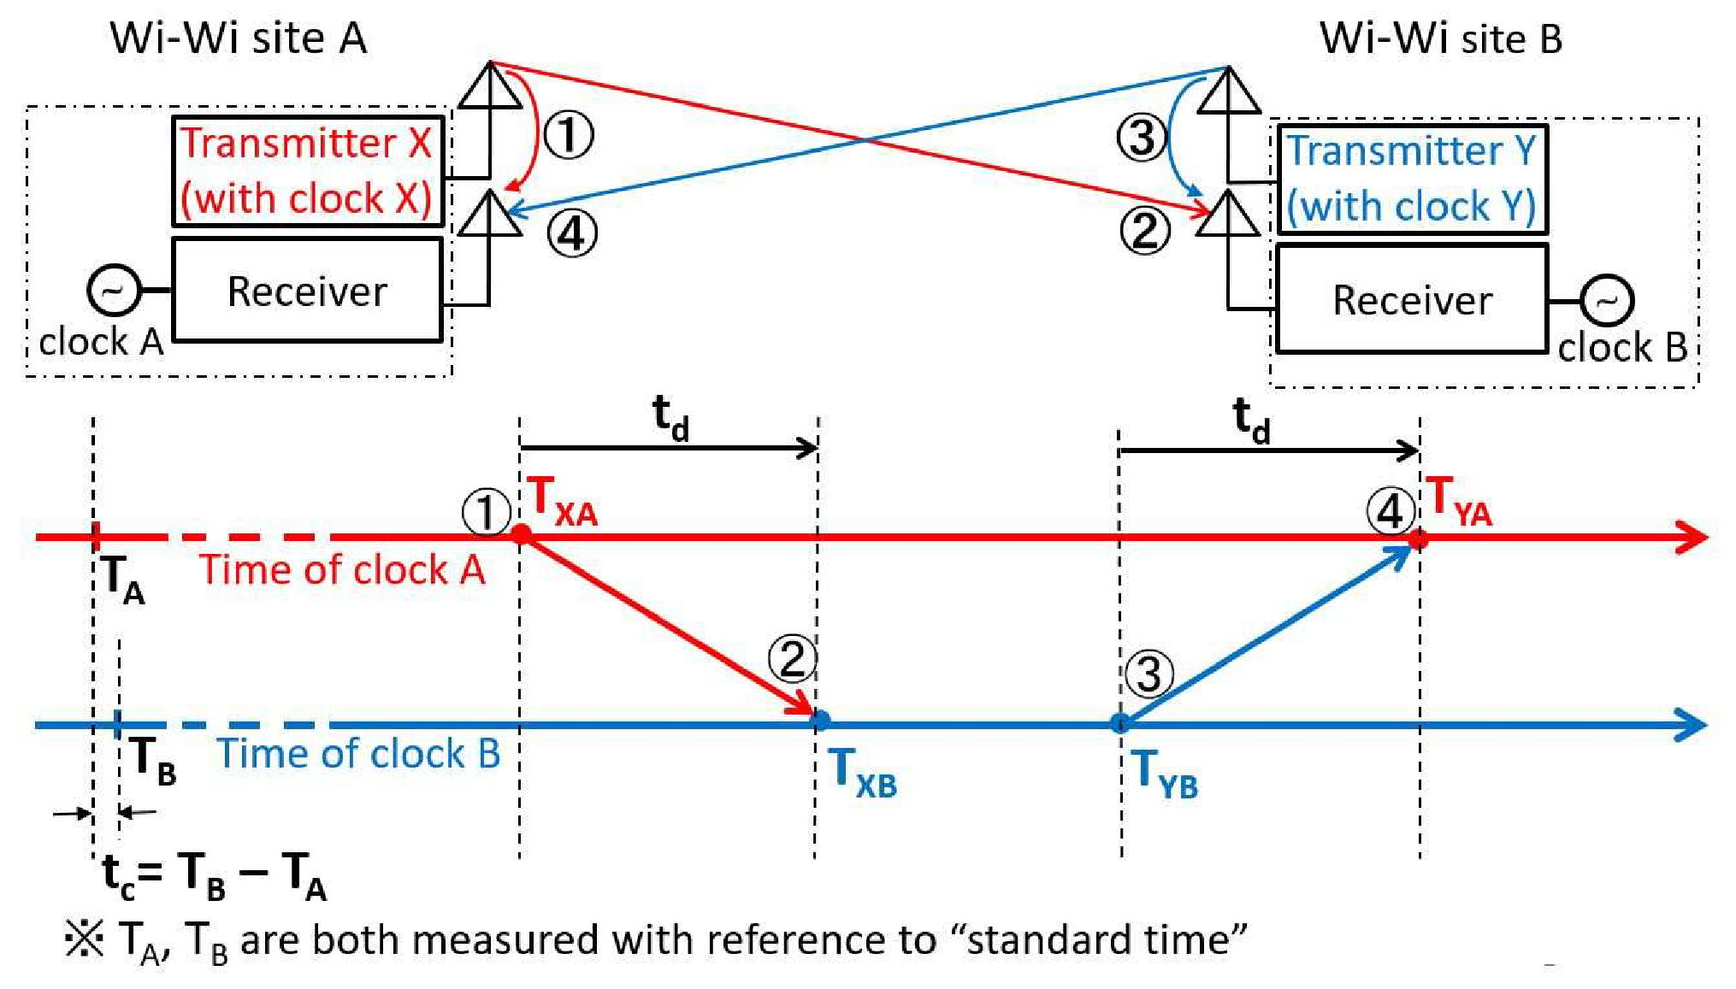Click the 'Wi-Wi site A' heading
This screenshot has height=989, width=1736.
click(x=239, y=38)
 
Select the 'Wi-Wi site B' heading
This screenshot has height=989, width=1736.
click(x=1441, y=38)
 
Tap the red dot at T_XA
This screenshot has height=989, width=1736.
click(x=521, y=535)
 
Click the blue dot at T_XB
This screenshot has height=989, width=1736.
click(x=819, y=721)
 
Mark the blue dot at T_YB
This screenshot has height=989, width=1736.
click(x=1119, y=723)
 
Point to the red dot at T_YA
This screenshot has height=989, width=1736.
click(x=1419, y=539)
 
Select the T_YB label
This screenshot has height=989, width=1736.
click(x=1164, y=773)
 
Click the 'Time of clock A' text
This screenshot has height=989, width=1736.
click(x=342, y=569)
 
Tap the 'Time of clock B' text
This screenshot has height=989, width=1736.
click(x=358, y=753)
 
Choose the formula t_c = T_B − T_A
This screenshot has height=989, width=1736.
click(x=214, y=877)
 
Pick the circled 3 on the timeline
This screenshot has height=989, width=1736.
click(x=1148, y=673)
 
